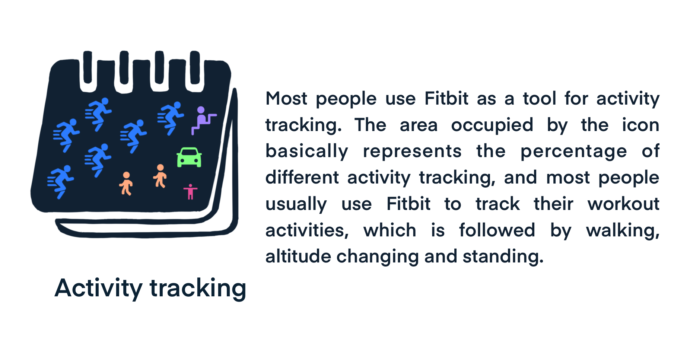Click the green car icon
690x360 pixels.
pos(189,157)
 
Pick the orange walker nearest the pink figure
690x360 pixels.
pos(160,176)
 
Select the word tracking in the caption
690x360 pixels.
pos(198,289)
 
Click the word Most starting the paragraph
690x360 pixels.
pos(286,99)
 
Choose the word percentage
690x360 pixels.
pos(573,152)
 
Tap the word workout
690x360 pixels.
pos(623,204)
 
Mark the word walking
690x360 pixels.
pos(623,231)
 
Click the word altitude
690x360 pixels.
pos(298,257)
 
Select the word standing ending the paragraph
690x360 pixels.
pos(503,257)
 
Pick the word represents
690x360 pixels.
pos(412,152)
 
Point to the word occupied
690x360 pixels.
pos(492,125)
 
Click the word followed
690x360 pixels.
pos(497,230)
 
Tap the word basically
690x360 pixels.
pos(307,152)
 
